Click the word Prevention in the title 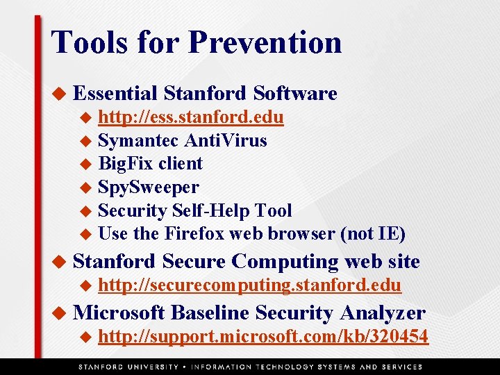pyautogui.click(x=265, y=42)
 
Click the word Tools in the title pyautogui.click(x=88, y=42)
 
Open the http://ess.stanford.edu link pyautogui.click(x=190, y=117)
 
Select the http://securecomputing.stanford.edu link pyautogui.click(x=249, y=285)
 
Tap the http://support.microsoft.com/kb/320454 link pyautogui.click(x=263, y=337)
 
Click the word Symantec pyautogui.click(x=138, y=140)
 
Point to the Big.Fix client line pyautogui.click(x=150, y=164)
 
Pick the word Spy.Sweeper pyautogui.click(x=148, y=187)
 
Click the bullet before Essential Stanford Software pyautogui.click(x=60, y=93)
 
